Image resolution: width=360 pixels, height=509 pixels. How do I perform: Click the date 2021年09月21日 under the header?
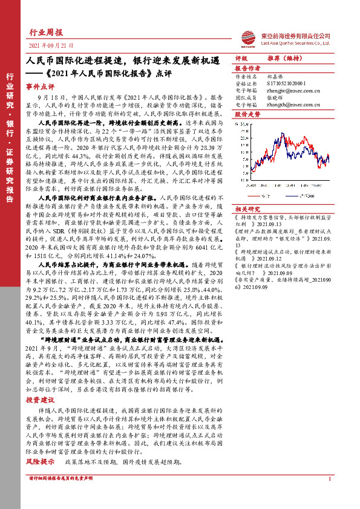point(51,45)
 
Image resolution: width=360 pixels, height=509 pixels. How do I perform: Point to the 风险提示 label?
point(41,462)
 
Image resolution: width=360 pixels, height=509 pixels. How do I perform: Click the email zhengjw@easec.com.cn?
point(290,89)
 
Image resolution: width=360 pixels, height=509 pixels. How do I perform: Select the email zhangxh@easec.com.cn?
point(290,105)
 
